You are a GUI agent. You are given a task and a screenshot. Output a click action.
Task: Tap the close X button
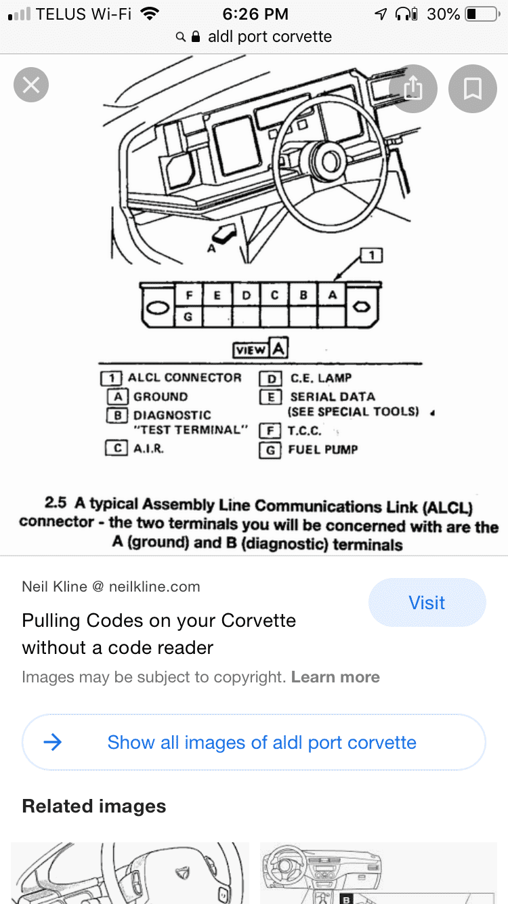[x=31, y=85]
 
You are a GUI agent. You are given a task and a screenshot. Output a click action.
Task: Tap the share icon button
[x=413, y=88]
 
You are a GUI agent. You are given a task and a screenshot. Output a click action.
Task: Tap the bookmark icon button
[x=472, y=88]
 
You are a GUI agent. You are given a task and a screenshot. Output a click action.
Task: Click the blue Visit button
[x=427, y=602]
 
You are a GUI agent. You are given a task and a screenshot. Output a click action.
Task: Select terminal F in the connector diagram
[x=190, y=295]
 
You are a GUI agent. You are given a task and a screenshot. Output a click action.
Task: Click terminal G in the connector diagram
[x=190, y=316]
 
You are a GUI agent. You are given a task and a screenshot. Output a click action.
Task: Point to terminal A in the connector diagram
[x=332, y=295]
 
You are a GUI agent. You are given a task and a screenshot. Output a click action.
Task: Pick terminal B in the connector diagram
[x=303, y=295]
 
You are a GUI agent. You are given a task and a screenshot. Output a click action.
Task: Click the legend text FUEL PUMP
[x=322, y=449]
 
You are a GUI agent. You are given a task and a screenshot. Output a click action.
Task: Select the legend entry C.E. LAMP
[x=320, y=378]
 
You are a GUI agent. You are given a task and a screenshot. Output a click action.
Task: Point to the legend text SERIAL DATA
[x=332, y=397]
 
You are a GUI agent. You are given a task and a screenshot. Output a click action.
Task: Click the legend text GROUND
[x=161, y=397]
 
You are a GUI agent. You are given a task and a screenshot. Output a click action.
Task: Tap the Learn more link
[x=335, y=677]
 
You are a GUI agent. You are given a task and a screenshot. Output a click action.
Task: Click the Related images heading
[x=94, y=806]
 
